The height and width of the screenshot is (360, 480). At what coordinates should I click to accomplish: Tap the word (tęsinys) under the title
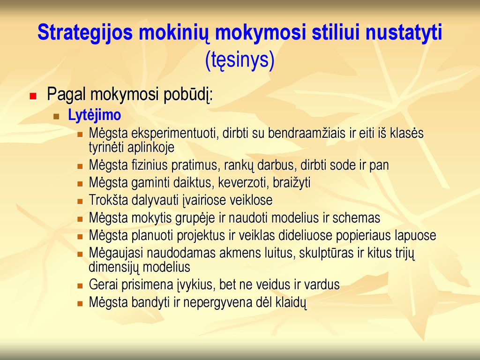240,60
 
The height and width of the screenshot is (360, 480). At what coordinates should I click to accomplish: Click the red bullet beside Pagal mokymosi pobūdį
33,96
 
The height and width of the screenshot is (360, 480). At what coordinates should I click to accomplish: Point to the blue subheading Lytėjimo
94,115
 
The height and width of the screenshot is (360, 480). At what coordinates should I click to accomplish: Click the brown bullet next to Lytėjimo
56,116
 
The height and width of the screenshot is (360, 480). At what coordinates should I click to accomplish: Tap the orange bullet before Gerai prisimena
80,286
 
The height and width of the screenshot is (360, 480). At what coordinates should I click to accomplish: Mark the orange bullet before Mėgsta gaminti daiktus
80,184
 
